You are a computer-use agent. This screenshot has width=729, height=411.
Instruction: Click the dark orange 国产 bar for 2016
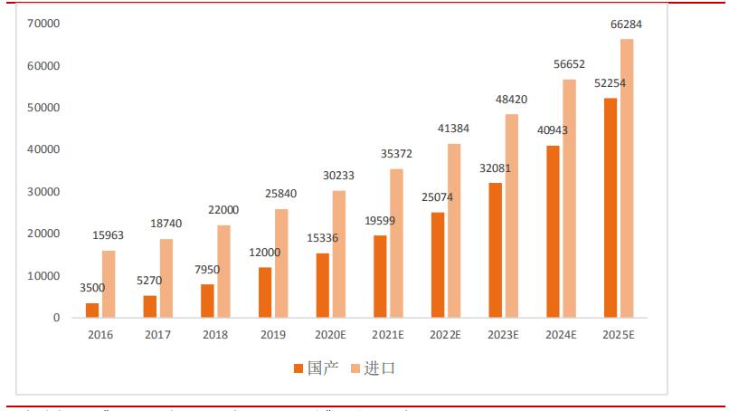click(x=92, y=311)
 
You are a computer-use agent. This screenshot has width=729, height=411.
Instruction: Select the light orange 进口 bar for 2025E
click(x=627, y=178)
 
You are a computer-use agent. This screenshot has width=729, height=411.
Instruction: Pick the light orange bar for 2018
click(x=224, y=272)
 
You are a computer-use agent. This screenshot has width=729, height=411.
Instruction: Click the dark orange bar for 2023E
click(x=496, y=250)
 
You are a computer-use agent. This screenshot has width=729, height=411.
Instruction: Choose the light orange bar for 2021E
click(x=397, y=243)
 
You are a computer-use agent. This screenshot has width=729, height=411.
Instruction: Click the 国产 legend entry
click(x=316, y=368)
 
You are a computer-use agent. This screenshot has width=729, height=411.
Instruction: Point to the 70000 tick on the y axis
click(x=43, y=24)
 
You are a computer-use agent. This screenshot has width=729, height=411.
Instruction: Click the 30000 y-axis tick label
click(x=43, y=192)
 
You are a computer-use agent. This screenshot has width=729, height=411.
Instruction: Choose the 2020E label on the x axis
click(x=331, y=336)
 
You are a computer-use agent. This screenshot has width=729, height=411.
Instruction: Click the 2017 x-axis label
click(x=158, y=336)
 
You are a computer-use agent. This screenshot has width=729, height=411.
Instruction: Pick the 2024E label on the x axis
click(x=561, y=336)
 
